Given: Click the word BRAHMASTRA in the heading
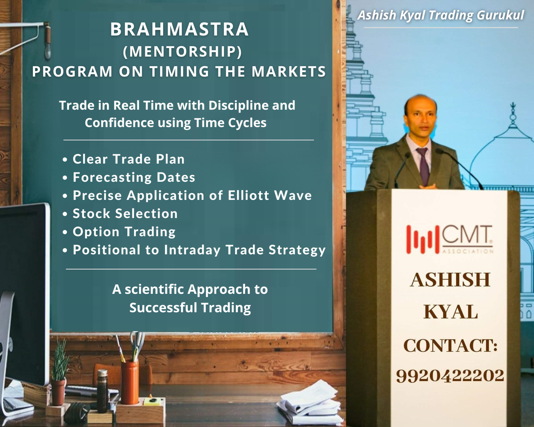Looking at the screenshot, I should point(179,29).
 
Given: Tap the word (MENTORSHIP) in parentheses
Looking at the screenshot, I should point(182,52).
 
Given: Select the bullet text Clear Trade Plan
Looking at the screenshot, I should point(128,159).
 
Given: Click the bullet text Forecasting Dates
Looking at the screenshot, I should point(134,177).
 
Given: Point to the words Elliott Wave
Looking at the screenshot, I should point(270,195).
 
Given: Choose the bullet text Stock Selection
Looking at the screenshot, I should point(125,213).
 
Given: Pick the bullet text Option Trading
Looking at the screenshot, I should point(124,232).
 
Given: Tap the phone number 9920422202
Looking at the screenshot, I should point(450,375).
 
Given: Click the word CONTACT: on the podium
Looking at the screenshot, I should point(450,346).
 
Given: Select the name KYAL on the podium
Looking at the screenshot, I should point(450,312).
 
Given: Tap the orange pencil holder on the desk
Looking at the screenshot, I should point(130,383).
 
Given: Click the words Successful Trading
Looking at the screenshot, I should point(190,308).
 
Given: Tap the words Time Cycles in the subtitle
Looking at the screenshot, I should point(230,123).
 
